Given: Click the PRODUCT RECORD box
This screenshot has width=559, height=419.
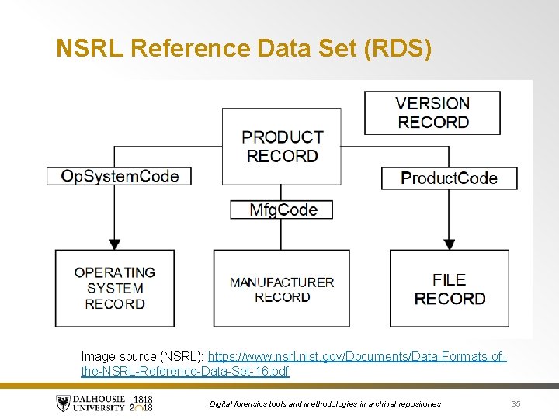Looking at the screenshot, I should [281, 147].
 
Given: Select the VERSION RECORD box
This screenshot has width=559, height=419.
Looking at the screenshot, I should [432, 113].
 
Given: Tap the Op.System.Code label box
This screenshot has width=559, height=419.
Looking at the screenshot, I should [119, 176].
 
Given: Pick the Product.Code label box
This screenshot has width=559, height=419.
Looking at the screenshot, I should [449, 178].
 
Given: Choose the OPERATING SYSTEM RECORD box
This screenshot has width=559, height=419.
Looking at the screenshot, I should [114, 288].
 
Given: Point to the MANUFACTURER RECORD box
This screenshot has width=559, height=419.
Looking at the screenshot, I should [281, 289].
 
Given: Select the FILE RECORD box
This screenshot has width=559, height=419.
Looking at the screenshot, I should [450, 289].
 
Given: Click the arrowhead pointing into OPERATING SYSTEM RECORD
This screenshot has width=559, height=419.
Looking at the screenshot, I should [115, 243].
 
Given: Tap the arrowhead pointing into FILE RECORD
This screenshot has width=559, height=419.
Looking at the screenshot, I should [450, 243].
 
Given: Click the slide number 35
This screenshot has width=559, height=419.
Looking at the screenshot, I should [516, 403].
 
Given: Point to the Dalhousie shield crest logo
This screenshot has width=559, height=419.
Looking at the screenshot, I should [63, 403].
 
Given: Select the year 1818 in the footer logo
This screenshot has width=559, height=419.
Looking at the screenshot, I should [143, 399].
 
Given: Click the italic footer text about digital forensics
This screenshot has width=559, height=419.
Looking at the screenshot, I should [325, 403].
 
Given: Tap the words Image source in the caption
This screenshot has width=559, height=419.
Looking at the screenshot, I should [118, 357].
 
